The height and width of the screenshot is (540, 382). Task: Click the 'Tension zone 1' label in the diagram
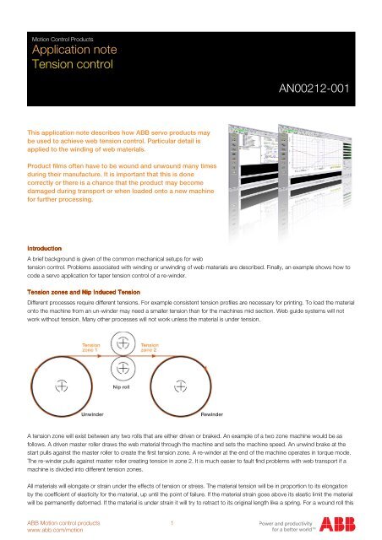[x=90, y=347]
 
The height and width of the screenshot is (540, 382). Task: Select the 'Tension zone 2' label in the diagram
[x=150, y=347]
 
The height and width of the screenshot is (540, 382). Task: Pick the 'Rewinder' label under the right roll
[x=212, y=416]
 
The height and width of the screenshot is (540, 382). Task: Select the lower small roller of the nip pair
[x=123, y=367]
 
